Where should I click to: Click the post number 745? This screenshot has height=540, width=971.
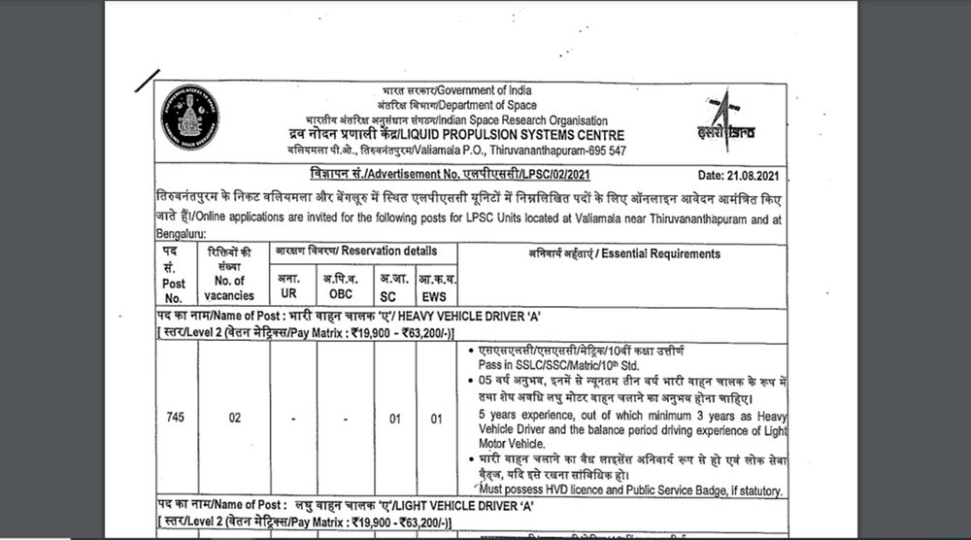(x=175, y=419)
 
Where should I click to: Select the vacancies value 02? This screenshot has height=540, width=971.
(x=234, y=419)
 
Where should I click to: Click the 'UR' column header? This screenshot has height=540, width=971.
(x=288, y=291)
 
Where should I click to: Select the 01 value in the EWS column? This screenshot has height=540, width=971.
(x=436, y=419)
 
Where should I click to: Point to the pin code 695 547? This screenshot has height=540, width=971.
(x=604, y=151)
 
